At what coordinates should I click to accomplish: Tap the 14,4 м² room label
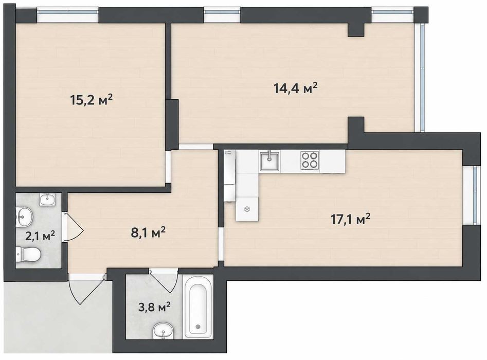point(295,88)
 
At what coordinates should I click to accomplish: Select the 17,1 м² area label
point(351,219)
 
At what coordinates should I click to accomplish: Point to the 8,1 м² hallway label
point(148,232)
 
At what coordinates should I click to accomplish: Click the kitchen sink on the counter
point(269,161)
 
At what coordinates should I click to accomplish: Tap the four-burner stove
point(310,160)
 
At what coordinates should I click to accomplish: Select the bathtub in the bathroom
point(198,307)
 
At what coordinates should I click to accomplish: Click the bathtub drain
point(198,327)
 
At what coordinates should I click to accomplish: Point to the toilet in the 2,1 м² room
point(28,254)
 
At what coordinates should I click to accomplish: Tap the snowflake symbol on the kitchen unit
point(247,209)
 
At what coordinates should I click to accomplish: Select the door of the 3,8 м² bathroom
point(164,281)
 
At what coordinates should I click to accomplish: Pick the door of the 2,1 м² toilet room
point(74,227)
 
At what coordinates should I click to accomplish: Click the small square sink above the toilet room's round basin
point(47,199)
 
